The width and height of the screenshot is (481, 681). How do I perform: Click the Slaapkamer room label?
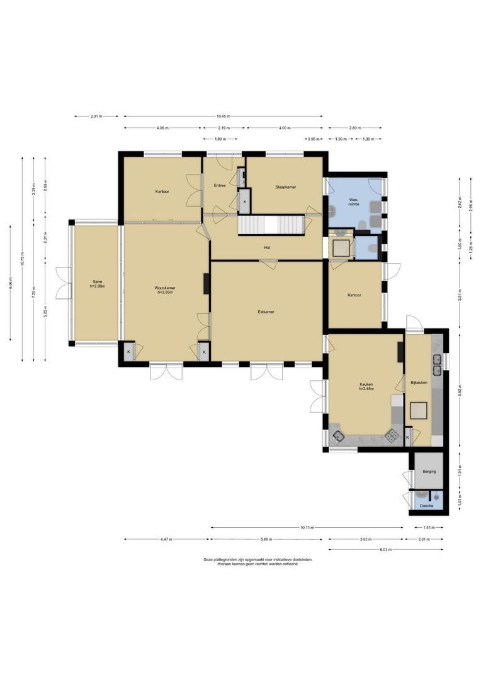(285, 187)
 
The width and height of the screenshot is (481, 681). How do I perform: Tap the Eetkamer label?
(266, 311)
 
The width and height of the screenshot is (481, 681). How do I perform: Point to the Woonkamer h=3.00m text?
(165, 290)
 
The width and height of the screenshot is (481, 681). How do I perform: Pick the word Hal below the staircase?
(268, 247)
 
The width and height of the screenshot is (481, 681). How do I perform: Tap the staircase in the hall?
(271, 225)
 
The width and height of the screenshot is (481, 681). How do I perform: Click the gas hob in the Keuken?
(392, 434)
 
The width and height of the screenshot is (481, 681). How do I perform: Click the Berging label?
(429, 471)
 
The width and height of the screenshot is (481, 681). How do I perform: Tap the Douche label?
(427, 505)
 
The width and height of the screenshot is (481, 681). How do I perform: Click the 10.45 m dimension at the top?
(223, 116)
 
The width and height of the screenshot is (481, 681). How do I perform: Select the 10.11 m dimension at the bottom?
(307, 527)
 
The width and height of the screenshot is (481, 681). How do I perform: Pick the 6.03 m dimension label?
(385, 550)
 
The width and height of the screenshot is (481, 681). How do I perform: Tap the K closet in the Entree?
(244, 201)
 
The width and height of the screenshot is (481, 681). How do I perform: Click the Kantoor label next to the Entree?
(162, 191)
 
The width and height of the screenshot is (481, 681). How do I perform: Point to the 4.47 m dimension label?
(166, 539)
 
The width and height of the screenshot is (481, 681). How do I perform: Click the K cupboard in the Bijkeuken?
(408, 437)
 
